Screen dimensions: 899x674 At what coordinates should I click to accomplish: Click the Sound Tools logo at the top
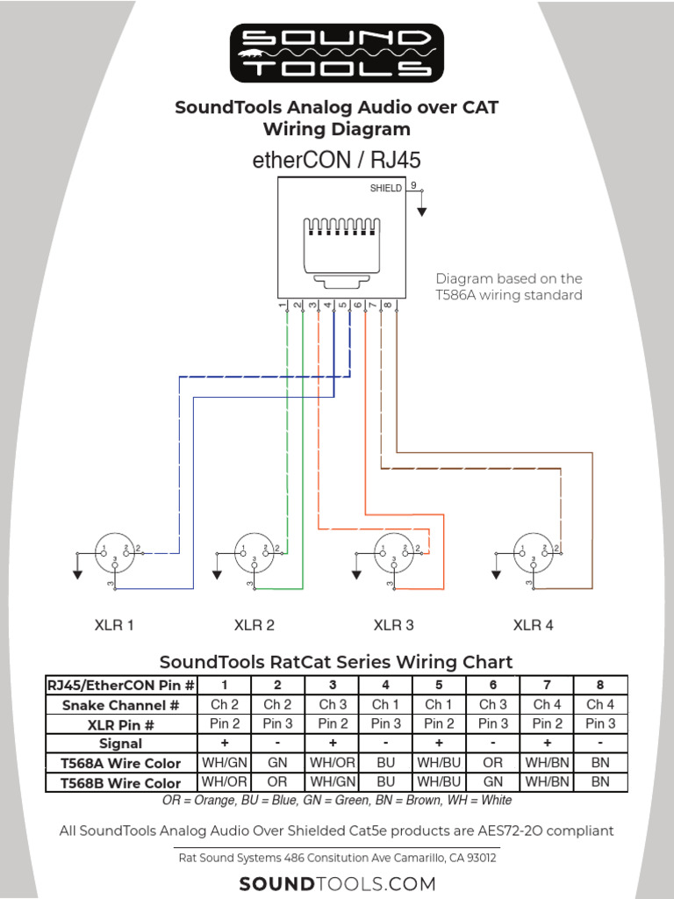click(337, 53)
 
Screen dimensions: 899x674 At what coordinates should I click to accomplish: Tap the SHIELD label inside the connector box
click(385, 188)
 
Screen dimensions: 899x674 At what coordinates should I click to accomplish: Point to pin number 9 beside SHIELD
click(413, 186)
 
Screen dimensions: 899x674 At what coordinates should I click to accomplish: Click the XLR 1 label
click(114, 626)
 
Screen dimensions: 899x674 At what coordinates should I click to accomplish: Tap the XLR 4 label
click(534, 626)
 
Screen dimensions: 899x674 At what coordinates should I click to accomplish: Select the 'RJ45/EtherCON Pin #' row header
click(121, 685)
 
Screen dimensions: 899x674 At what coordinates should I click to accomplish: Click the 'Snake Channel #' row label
click(121, 705)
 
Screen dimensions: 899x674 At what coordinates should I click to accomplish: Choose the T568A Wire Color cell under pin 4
click(385, 763)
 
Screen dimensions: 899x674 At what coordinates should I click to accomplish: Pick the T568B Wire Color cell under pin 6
click(492, 781)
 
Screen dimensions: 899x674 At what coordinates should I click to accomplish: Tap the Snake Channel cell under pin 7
click(547, 704)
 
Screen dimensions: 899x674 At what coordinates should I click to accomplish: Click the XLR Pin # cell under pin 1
click(225, 724)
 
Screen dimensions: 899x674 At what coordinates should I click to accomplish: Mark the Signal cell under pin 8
click(600, 744)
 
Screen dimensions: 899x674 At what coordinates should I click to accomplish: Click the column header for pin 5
click(439, 685)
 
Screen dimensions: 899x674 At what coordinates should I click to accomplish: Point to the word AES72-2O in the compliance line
click(519, 831)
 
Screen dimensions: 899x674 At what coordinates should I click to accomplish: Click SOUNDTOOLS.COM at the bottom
click(337, 883)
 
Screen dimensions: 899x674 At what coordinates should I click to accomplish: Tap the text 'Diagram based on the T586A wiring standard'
click(509, 287)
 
